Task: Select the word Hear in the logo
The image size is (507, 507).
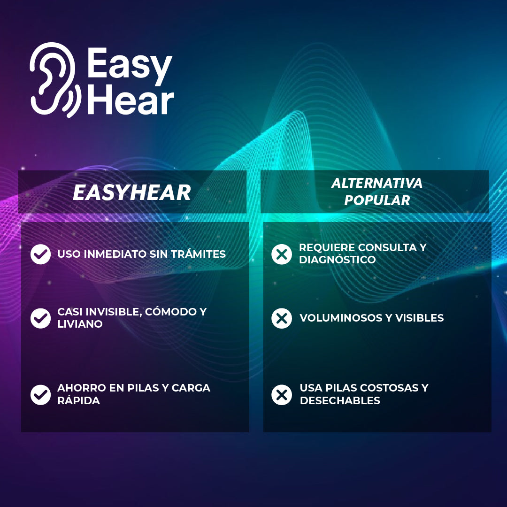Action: click(x=131, y=100)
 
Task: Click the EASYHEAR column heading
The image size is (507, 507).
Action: click(x=132, y=192)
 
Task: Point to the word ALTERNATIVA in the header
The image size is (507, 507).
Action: click(x=377, y=183)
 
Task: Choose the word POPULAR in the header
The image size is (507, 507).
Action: click(x=377, y=200)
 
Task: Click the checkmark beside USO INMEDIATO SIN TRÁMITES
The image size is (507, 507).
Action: click(x=40, y=254)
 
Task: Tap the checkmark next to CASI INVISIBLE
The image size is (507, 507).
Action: click(x=40, y=318)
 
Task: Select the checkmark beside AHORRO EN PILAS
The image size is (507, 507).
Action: click(x=40, y=395)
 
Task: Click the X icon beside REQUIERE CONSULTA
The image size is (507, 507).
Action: click(x=282, y=254)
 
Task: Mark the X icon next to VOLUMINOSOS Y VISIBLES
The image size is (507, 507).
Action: click(x=282, y=318)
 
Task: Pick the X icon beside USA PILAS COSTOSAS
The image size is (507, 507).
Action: click(x=282, y=395)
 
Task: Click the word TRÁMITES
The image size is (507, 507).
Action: click(x=198, y=254)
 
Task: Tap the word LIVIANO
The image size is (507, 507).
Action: click(x=80, y=324)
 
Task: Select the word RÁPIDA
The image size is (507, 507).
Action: click(x=78, y=400)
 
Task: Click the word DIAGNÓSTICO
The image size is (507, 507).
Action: click(x=337, y=259)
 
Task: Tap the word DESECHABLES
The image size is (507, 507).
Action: click(x=340, y=400)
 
